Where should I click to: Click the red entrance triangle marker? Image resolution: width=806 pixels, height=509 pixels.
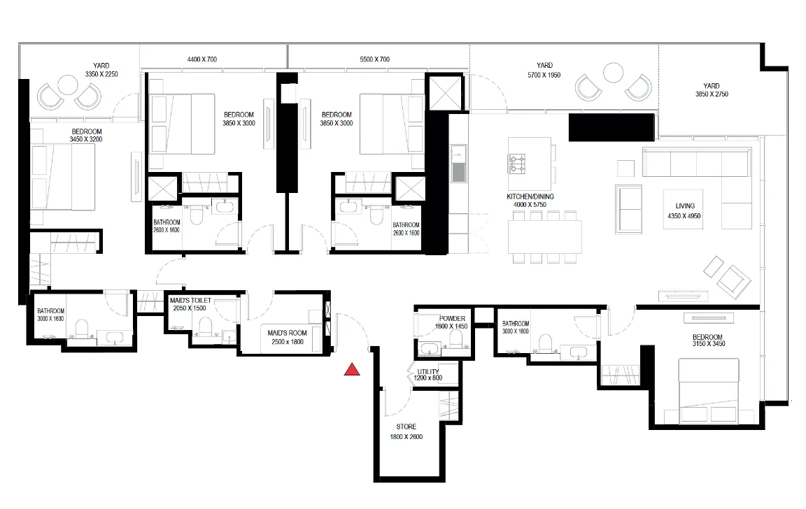(352, 369)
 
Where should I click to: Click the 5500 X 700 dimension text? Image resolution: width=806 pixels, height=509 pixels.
(375, 59)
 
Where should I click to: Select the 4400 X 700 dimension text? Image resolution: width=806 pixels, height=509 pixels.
(202, 59)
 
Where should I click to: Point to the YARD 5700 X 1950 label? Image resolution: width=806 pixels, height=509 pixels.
(544, 70)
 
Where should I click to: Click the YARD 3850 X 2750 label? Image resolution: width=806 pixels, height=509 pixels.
(712, 90)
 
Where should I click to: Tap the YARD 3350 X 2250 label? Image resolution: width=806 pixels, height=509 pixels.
(101, 70)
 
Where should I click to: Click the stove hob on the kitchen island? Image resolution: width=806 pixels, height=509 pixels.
(517, 164)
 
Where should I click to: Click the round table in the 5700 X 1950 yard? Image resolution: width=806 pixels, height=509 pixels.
(613, 73)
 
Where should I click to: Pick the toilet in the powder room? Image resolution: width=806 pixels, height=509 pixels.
(455, 338)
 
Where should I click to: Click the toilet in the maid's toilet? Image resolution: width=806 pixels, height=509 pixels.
(205, 327)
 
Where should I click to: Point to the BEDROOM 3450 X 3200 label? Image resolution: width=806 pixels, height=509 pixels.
(86, 135)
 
